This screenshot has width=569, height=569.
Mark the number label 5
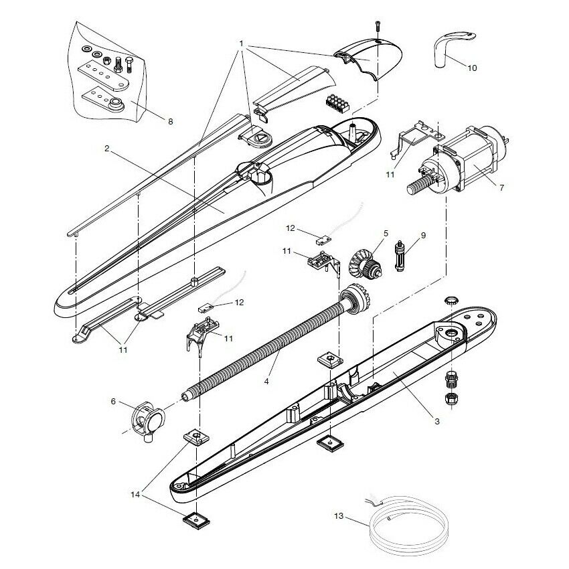coord(385,234)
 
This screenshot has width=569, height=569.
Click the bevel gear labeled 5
coord(364,262)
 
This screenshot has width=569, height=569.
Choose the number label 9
coord(422,235)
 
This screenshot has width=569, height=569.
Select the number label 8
coord(170,122)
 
